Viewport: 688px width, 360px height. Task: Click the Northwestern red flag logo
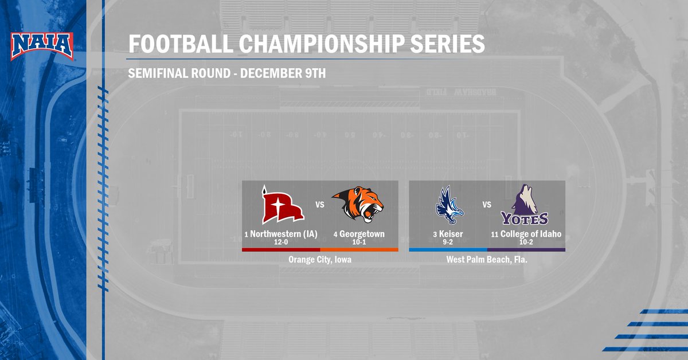click(x=282, y=205)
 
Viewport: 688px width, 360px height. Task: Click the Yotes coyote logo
click(x=525, y=205)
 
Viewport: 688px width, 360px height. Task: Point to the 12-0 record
click(x=281, y=242)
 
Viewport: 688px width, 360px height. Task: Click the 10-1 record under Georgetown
click(x=359, y=242)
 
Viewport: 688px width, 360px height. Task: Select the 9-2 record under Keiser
click(x=448, y=242)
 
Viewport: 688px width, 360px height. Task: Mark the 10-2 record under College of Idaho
click(x=526, y=242)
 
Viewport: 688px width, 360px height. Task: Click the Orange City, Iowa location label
click(x=319, y=260)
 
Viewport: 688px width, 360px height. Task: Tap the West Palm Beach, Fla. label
click(x=487, y=260)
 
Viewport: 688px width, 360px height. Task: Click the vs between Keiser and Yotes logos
click(x=487, y=204)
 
